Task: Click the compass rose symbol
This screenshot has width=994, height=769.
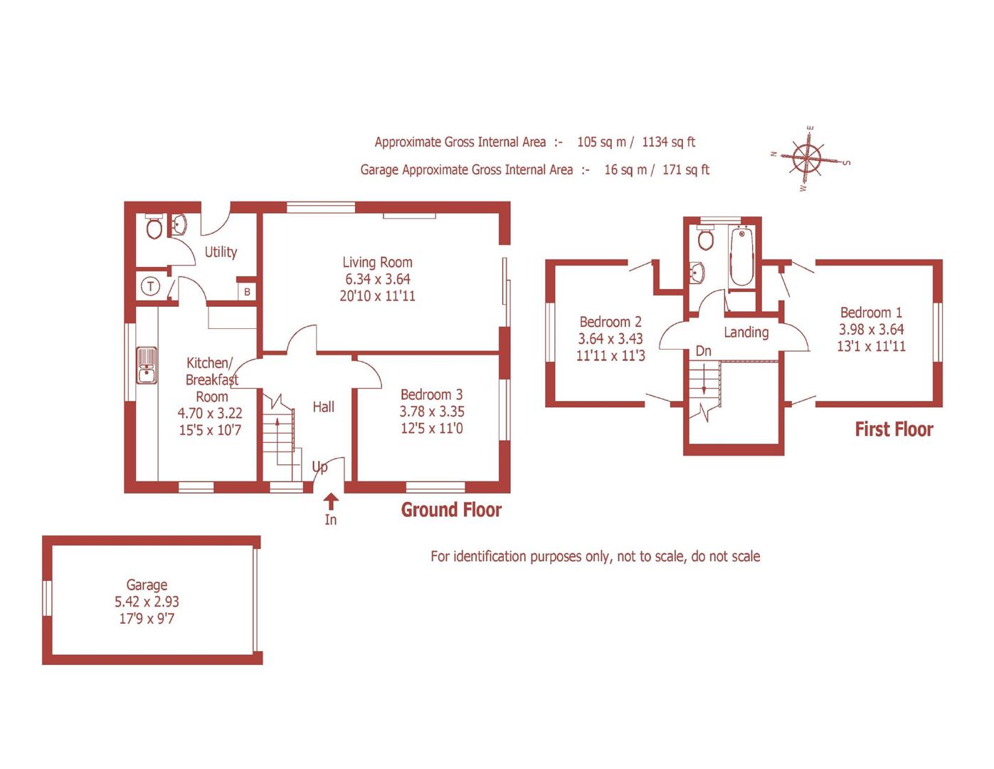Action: click(x=808, y=157)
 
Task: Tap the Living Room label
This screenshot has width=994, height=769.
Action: click(x=377, y=262)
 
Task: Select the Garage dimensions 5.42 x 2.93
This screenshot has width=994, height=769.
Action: click(x=147, y=602)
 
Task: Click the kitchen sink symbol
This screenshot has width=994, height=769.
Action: click(x=147, y=365)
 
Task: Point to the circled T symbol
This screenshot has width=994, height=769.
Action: click(x=150, y=287)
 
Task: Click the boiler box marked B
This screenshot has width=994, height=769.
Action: click(x=247, y=292)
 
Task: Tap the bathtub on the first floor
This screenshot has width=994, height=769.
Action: click(x=741, y=256)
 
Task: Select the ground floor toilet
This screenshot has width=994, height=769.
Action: click(x=154, y=227)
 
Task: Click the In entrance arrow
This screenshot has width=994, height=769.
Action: click(x=331, y=502)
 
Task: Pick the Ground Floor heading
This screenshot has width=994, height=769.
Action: click(x=451, y=510)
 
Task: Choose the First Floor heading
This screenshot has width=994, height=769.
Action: click(x=894, y=429)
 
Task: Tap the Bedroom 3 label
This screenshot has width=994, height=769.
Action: click(x=431, y=394)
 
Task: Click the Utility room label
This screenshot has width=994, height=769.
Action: click(x=221, y=252)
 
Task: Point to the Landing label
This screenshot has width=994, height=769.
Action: click(x=746, y=332)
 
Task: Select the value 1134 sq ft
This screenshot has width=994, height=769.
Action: click(x=668, y=142)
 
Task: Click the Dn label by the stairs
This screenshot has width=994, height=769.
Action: click(x=703, y=351)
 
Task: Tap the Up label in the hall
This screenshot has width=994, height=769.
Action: click(x=320, y=467)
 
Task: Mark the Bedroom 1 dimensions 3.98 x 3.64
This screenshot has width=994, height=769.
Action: click(x=871, y=330)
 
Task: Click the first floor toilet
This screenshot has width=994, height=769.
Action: click(x=705, y=239)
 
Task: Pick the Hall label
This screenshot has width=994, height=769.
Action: click(x=323, y=407)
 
